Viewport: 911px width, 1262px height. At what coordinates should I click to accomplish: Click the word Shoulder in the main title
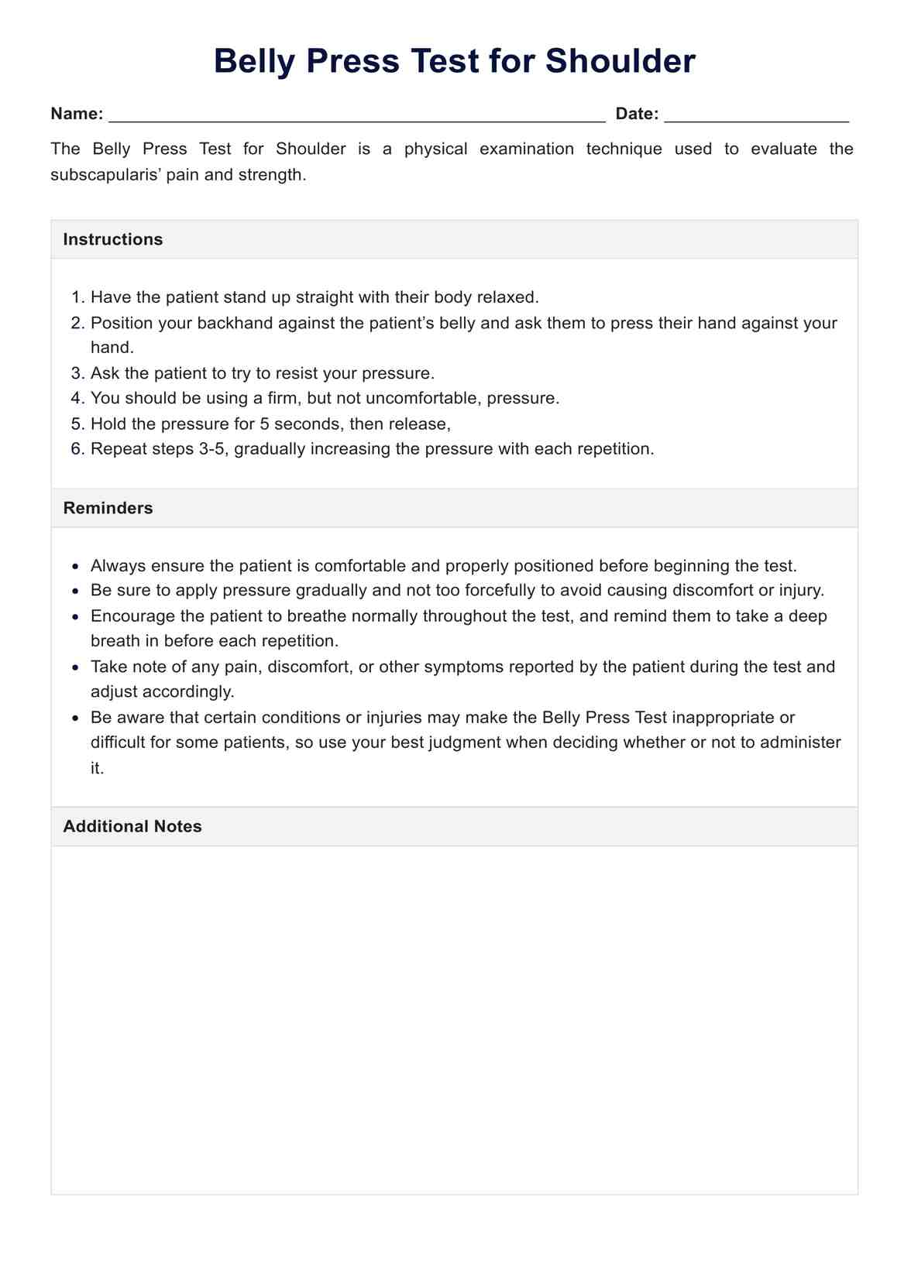tap(620, 61)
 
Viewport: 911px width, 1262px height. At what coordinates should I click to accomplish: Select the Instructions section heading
tap(113, 239)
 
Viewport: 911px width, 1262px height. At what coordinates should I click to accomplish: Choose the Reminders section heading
tap(108, 508)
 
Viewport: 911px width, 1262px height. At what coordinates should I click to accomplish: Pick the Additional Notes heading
tap(132, 826)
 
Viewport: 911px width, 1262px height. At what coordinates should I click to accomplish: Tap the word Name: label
tap(77, 114)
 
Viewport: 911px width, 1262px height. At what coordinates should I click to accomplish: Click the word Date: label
tap(637, 114)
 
